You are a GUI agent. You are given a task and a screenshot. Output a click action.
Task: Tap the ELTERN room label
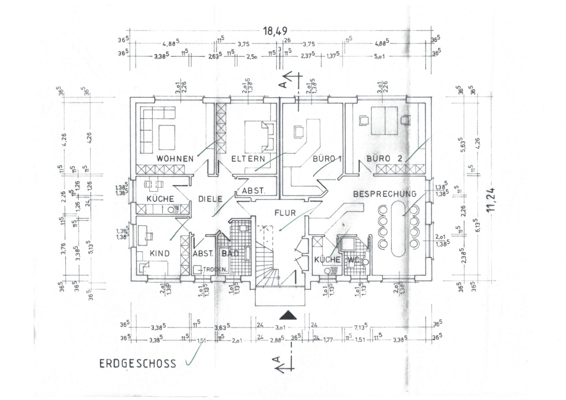click(249, 159)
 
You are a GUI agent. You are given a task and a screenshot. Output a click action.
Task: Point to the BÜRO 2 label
click(384, 159)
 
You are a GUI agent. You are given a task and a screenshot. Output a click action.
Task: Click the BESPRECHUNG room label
click(384, 194)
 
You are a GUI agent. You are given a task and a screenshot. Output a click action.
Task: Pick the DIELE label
click(210, 199)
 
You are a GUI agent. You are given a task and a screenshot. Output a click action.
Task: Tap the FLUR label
click(284, 213)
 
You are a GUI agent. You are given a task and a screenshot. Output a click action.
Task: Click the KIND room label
click(159, 254)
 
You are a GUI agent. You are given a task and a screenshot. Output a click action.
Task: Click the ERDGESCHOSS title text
click(138, 364)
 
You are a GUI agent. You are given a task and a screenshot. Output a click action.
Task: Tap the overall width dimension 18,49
click(275, 31)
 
